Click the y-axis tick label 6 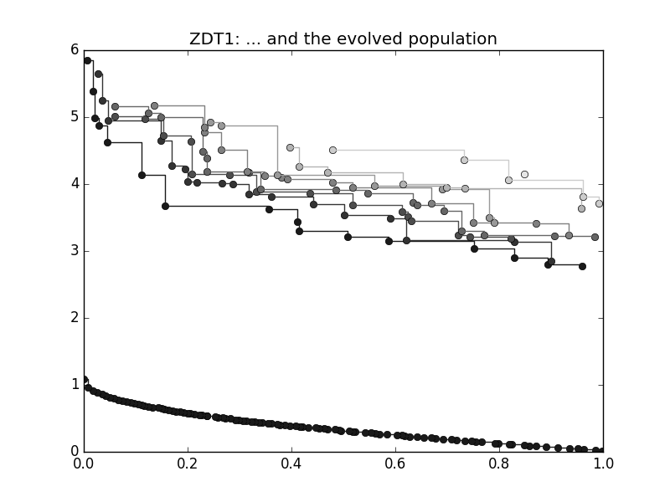(74, 50)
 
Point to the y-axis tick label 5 (74, 117)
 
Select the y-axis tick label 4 (74, 184)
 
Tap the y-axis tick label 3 (74, 251)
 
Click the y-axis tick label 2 (74, 318)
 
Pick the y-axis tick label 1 (74, 385)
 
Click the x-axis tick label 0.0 (84, 463)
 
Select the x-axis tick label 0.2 (188, 463)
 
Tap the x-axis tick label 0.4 (291, 463)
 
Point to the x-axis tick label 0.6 (395, 463)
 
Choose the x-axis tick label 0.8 (499, 463)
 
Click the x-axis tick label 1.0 (603, 463)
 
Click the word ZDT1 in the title (212, 39)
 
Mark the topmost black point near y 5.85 (87, 60)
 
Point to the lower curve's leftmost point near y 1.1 (84, 379)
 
